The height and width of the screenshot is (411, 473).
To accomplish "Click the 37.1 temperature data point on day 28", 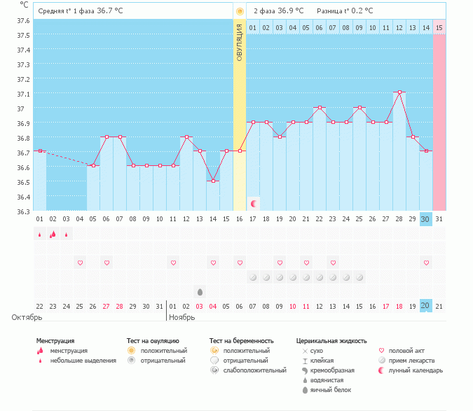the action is click(x=399, y=92).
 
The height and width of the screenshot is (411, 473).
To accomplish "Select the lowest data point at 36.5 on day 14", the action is click(x=213, y=181).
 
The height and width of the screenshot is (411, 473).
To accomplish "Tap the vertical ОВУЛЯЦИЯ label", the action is click(x=240, y=43).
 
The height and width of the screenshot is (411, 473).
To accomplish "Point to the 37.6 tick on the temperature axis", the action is click(x=23, y=20).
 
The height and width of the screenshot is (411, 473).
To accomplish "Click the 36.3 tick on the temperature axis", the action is click(x=23, y=211).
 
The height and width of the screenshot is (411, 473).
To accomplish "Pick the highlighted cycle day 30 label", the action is click(x=425, y=219).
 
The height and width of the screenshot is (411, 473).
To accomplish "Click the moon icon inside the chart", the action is click(x=254, y=204).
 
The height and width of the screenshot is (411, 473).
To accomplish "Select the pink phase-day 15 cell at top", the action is click(x=439, y=28).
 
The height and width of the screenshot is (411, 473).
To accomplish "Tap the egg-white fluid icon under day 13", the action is click(x=200, y=292).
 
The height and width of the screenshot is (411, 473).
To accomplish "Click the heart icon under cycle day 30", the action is click(x=426, y=263).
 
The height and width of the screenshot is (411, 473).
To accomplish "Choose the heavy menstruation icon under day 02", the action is click(x=53, y=234).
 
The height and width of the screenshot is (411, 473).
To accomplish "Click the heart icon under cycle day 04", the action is click(x=80, y=263).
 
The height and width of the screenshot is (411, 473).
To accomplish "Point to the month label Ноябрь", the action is click(x=182, y=317).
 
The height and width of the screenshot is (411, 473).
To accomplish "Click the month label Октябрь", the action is click(x=27, y=317).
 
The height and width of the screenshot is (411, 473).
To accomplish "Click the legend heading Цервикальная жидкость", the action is click(x=331, y=341).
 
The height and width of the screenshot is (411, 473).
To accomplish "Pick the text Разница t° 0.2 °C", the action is click(x=345, y=11).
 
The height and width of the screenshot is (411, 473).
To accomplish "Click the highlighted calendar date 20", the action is click(x=425, y=306).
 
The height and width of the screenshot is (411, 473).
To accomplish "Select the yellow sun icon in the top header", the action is click(x=240, y=11).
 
